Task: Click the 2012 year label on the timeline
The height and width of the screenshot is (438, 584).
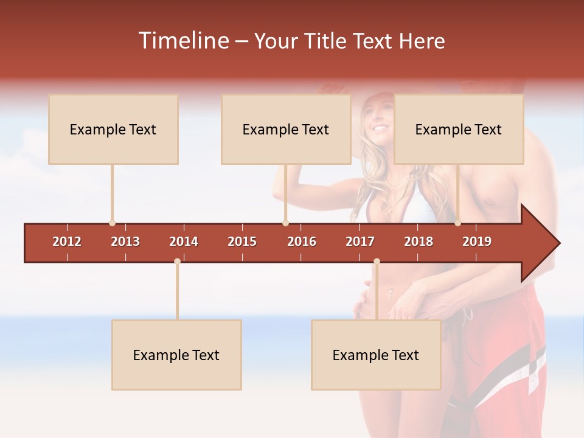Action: [x=67, y=242]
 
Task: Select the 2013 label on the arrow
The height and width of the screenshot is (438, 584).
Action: [x=125, y=242]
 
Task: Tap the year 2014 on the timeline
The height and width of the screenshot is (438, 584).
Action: [x=184, y=242]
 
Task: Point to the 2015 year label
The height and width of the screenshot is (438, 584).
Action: [x=242, y=242]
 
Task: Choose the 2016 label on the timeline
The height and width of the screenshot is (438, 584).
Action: [x=302, y=242]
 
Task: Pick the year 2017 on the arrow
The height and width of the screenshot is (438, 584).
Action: [x=360, y=242]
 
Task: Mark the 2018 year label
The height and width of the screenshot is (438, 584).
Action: [x=419, y=242]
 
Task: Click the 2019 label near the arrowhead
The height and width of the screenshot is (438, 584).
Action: [x=477, y=242]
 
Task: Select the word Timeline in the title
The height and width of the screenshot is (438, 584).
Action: [x=182, y=41]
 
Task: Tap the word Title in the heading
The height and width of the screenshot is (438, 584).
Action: [x=319, y=41]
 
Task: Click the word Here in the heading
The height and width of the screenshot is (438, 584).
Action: [x=422, y=41]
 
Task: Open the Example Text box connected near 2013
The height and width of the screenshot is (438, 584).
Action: [x=113, y=129]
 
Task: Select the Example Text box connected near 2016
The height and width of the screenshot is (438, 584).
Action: [x=286, y=129]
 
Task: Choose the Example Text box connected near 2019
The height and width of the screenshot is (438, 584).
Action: [x=459, y=129]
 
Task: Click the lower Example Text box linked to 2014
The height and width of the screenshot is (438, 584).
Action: [x=176, y=355]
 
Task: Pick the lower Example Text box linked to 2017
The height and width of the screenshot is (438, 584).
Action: [x=376, y=355]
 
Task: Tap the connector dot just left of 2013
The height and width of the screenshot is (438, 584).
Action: [x=112, y=223]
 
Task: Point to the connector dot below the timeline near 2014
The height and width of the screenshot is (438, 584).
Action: [x=177, y=262]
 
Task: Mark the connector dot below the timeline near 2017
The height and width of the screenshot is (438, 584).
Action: [x=377, y=262]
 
